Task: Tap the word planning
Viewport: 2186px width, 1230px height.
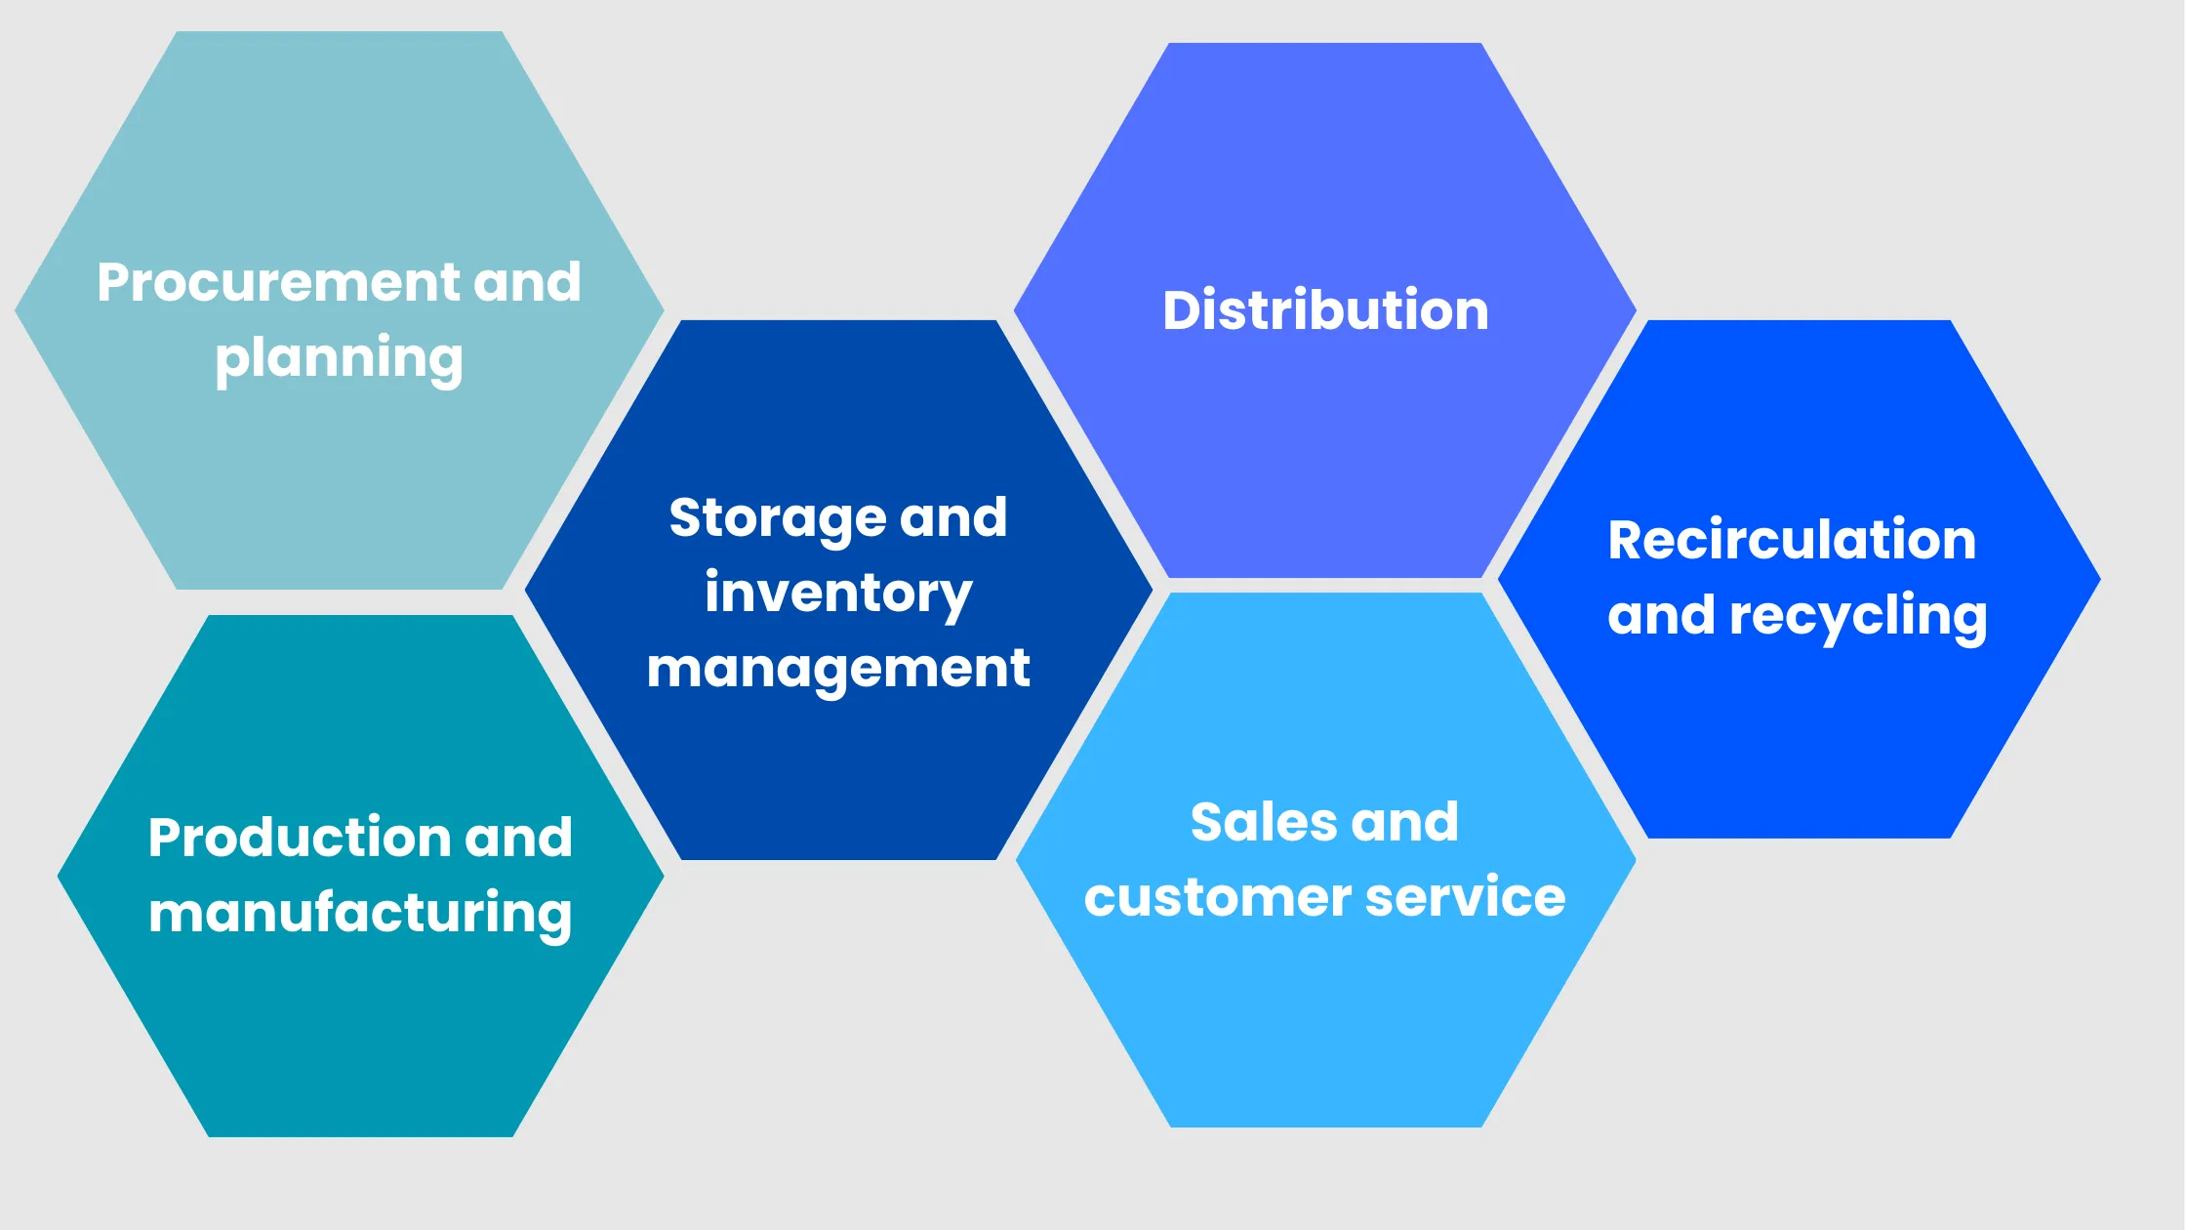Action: pos(339,359)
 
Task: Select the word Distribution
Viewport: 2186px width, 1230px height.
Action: pos(1325,310)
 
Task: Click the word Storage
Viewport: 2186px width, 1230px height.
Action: pos(777,518)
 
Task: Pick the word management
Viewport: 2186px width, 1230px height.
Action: pos(838,670)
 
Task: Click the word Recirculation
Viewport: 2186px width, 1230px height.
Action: pos(1792,541)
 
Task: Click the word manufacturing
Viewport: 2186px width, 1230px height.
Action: pos(360,915)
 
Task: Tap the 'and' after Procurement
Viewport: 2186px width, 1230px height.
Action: pos(527,283)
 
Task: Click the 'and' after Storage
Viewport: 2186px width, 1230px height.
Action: pos(953,517)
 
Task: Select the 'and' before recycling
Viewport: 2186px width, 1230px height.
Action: pos(1661,616)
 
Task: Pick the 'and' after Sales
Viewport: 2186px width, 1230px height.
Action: pos(1405,822)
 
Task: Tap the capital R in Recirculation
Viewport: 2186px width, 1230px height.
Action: pos(1627,541)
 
